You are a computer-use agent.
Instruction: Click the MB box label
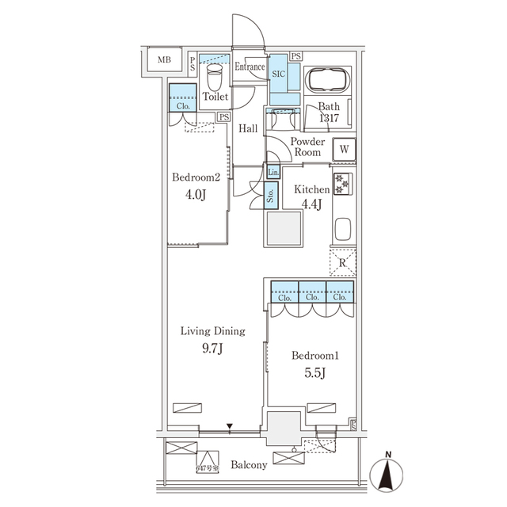click(163, 60)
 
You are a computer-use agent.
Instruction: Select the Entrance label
click(250, 67)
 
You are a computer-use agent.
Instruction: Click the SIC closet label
click(280, 73)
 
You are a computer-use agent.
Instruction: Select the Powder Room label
click(307, 147)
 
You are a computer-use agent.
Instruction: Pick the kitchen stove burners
click(343, 184)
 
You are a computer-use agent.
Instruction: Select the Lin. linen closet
click(273, 172)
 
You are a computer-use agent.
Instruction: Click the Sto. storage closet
click(270, 194)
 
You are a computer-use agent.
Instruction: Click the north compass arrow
click(387, 475)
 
